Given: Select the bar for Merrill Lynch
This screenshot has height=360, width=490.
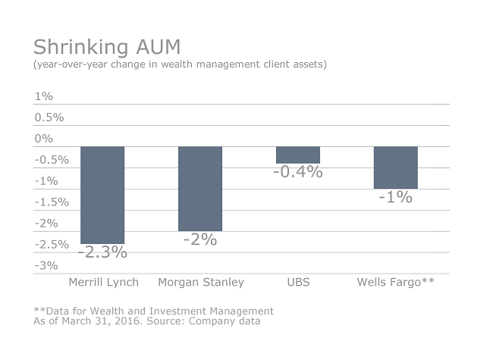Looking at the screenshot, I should click(102, 195).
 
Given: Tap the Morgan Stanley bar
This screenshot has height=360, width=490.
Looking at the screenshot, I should click(200, 189).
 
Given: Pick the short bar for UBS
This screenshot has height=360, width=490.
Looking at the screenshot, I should click(298, 155).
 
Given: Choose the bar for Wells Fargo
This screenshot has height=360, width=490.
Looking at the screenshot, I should click(395, 167).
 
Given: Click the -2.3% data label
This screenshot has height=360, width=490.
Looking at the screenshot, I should click(102, 252).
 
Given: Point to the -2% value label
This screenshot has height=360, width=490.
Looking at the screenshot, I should click(200, 239).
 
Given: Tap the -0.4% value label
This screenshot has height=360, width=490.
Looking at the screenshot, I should click(298, 172).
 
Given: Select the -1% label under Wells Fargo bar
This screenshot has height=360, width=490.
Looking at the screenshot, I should click(395, 197).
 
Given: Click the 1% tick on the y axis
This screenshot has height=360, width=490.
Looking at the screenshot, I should click(43, 96).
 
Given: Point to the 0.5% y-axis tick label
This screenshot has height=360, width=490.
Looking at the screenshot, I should click(49, 117).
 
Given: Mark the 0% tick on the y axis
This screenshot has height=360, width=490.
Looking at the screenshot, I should click(43, 139).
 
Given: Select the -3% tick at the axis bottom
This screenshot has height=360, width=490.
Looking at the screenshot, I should click(46, 265).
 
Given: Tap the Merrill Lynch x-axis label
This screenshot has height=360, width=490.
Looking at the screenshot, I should click(102, 283).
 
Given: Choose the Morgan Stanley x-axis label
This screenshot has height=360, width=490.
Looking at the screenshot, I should click(201, 283).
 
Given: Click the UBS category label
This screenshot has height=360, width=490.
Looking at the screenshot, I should click(298, 283).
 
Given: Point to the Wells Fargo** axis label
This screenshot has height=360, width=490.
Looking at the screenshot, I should click(395, 283).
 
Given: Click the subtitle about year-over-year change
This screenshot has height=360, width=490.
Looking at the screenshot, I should click(180, 64).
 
